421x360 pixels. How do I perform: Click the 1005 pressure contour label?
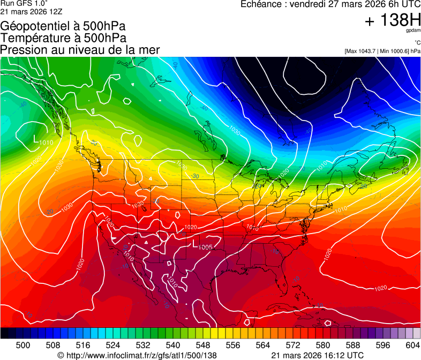[206, 247]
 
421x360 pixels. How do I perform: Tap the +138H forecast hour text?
[393, 20]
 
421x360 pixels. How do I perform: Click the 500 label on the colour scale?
[23, 345]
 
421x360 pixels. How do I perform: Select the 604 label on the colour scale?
[412, 345]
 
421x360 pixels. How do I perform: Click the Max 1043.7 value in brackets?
[363, 51]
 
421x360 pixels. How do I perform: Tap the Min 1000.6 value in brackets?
[395, 51]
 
